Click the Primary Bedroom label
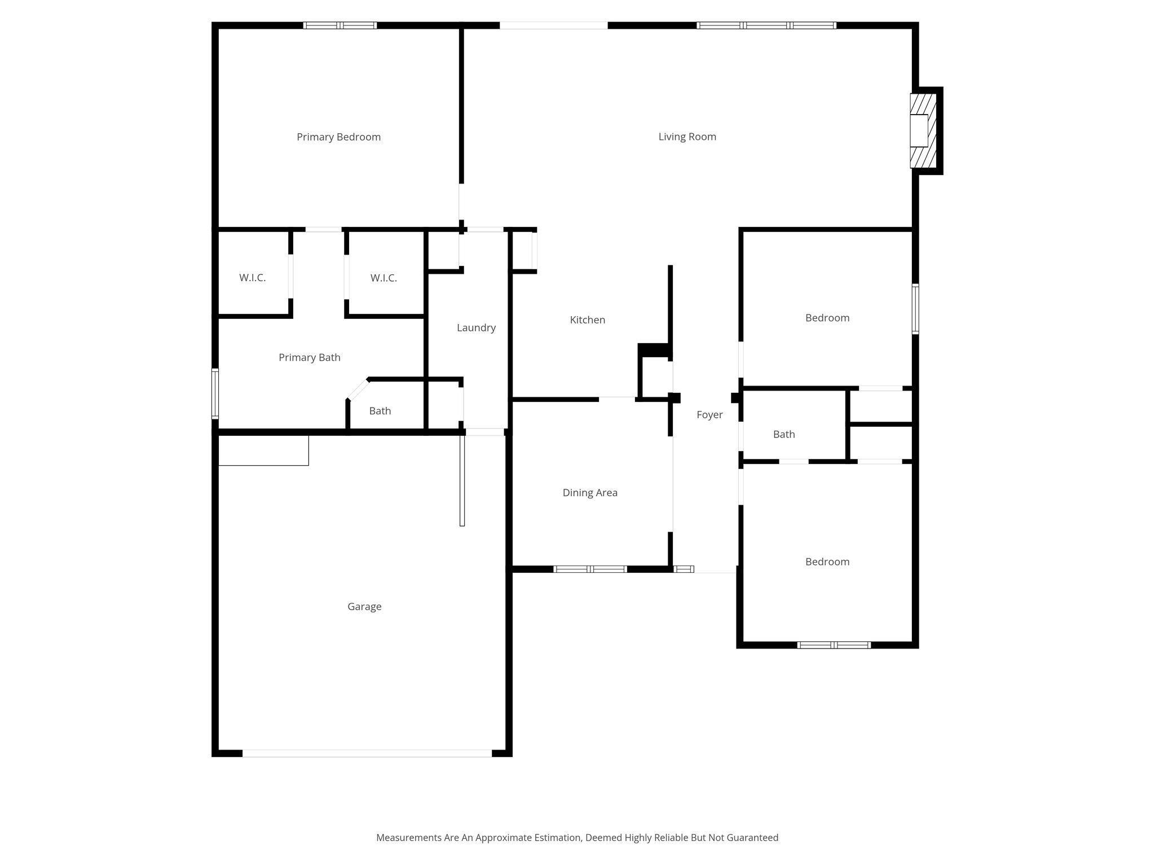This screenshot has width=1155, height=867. [338, 137]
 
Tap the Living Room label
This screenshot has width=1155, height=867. [687, 137]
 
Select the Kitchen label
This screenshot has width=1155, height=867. [587, 320]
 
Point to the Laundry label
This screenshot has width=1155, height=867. [476, 328]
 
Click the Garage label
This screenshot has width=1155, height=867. [364, 607]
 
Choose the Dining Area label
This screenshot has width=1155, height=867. [590, 493]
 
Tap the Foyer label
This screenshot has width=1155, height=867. [709, 415]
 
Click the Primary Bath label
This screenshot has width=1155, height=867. [310, 357]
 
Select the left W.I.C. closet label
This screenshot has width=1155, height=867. [252, 278]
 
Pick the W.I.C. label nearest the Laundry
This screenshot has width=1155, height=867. [383, 278]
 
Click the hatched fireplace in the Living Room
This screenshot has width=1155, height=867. [923, 131]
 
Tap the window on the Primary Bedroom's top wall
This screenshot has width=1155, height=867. [340, 25]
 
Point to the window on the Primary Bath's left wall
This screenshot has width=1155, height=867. [215, 393]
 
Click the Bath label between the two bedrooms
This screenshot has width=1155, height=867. [784, 435]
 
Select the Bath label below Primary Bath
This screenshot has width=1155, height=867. [380, 411]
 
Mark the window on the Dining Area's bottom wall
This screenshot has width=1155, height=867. [590, 569]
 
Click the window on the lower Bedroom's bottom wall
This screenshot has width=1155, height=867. [834, 645]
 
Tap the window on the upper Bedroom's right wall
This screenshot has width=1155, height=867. [915, 309]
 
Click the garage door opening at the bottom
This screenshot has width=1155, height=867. [367, 753]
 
